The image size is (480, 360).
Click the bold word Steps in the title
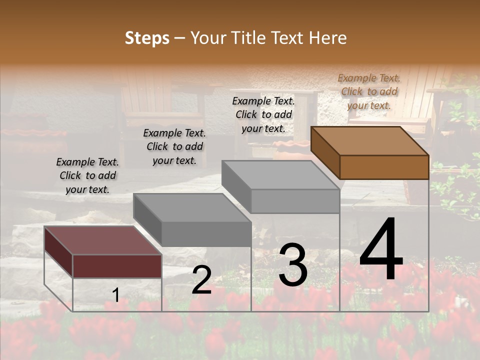(147, 38)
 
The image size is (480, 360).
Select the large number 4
(381, 250)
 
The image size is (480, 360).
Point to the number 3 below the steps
(292, 265)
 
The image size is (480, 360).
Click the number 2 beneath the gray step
(201, 280)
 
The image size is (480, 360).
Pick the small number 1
(115, 295)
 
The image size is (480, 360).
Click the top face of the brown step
(370, 140)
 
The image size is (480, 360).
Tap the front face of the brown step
(384, 167)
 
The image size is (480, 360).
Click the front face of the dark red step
(117, 266)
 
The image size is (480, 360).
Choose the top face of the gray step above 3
(280, 175)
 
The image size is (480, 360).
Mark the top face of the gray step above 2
(192, 207)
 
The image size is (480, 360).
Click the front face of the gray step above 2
(206, 234)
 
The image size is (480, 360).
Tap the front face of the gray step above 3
(295, 201)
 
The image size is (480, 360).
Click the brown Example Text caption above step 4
(369, 91)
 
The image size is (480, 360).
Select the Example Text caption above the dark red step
(87, 175)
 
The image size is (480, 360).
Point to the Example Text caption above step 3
(263, 114)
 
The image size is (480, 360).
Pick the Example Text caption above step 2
(174, 146)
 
